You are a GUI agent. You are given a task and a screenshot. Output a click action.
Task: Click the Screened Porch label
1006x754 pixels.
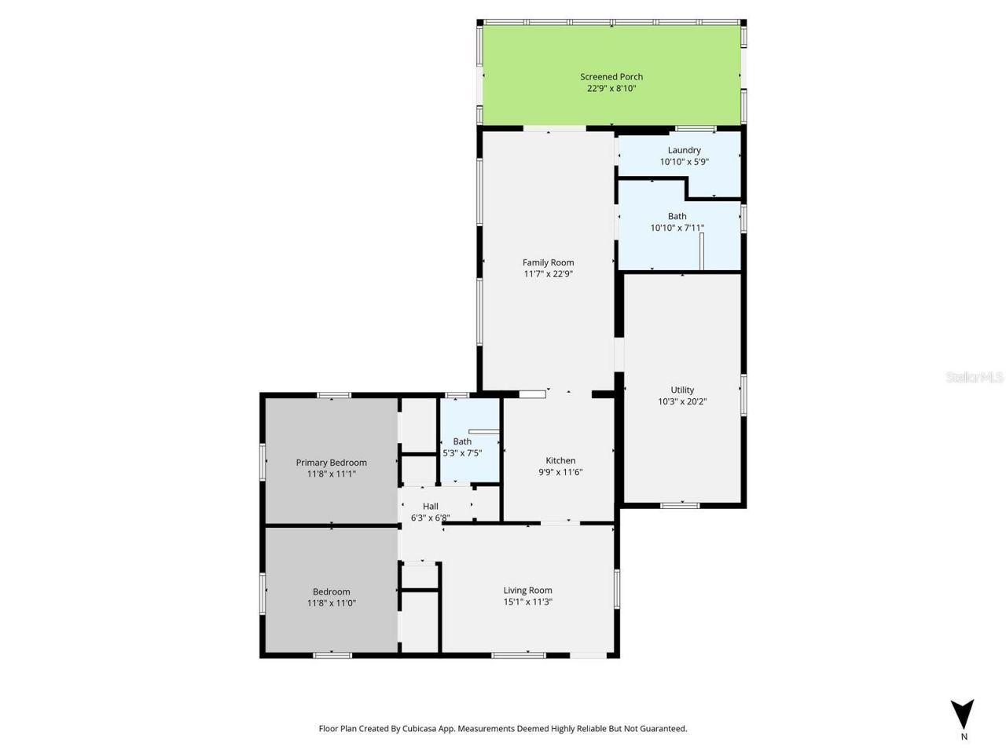pos(611,77)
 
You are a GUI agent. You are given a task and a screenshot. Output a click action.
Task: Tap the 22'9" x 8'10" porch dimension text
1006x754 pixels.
pos(611,89)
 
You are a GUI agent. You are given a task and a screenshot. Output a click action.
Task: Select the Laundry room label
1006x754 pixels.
pos(684,150)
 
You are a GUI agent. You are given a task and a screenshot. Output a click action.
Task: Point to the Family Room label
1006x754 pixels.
pos(548,262)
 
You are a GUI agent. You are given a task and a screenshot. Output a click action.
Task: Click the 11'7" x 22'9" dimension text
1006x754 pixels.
pos(548,274)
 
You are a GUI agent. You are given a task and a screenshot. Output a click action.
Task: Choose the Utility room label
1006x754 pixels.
pos(682,390)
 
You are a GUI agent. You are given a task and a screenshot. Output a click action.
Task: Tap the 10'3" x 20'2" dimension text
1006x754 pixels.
pos(682,401)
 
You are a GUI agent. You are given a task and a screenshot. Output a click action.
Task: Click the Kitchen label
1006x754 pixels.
pos(560,460)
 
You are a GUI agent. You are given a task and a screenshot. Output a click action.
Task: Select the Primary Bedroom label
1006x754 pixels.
pos(331,463)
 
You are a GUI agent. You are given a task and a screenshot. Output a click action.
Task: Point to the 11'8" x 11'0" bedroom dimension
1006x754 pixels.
pos(331,603)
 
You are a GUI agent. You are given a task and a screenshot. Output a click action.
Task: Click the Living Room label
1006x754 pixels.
pos(527,590)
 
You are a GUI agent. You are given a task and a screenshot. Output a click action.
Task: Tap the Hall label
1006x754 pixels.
pos(430,506)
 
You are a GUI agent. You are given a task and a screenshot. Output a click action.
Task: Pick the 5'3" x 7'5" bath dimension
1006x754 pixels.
pos(462,453)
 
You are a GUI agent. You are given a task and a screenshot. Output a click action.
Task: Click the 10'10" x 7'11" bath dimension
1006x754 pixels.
pos(677,228)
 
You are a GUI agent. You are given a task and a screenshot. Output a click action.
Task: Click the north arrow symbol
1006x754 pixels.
pos(962,713)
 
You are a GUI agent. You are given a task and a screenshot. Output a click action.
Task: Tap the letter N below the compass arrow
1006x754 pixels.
pos(964,737)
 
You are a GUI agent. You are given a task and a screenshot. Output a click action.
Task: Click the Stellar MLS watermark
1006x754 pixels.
pos(975,378)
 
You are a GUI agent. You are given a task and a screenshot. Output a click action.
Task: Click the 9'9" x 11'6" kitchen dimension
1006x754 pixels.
pos(560,472)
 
